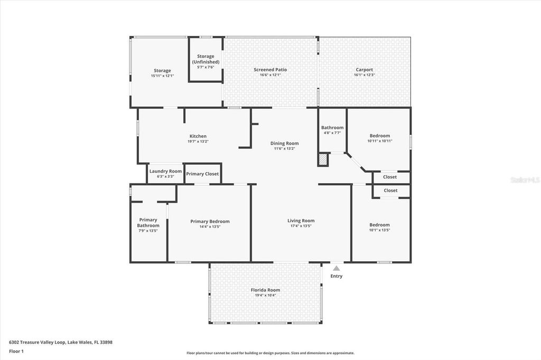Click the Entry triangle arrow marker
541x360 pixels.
pos(336,269)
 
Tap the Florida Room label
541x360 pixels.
pos(265,290)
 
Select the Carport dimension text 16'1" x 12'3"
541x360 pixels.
pos(364,75)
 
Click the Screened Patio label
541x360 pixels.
pos(270,70)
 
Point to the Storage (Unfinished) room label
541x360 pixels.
pos(206,59)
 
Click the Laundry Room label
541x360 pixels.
pos(165,171)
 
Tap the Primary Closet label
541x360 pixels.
pos(202,174)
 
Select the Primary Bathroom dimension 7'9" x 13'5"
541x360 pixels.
pos(148,231)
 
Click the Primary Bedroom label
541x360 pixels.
pos(210,221)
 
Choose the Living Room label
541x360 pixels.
pos(301,221)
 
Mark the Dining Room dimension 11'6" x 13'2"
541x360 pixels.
pos(284,149)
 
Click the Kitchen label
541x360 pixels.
pos(198,136)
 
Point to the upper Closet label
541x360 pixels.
pos(390,177)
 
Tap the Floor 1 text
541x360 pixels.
pos(16,351)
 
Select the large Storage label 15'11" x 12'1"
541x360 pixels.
pos(162,70)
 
